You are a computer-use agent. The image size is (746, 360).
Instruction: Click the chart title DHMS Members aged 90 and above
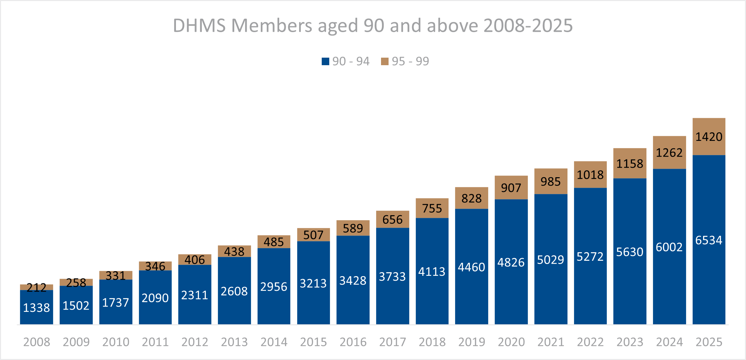tap(373, 26)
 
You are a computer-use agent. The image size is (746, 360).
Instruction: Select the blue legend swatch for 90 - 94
tap(325, 61)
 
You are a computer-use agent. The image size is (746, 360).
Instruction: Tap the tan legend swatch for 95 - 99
tap(385, 61)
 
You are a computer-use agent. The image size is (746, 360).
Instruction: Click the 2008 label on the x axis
tap(37, 342)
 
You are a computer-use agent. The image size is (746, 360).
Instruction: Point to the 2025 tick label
tap(709, 342)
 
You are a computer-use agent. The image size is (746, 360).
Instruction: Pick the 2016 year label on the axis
tap(353, 342)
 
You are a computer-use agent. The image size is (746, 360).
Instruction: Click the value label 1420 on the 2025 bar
tap(709, 137)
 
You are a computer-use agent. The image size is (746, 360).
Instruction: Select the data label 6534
tap(709, 240)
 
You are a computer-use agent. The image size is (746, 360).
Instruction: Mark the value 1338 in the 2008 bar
tap(36, 308)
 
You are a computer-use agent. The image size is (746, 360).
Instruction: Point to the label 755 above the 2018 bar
tap(432, 208)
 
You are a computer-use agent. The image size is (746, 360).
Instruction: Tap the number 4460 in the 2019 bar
tap(471, 267)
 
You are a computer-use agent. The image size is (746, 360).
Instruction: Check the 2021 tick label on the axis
tap(551, 342)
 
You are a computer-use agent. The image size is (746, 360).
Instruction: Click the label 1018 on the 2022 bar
tap(590, 175)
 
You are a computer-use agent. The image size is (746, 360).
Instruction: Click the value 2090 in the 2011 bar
tap(155, 298)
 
